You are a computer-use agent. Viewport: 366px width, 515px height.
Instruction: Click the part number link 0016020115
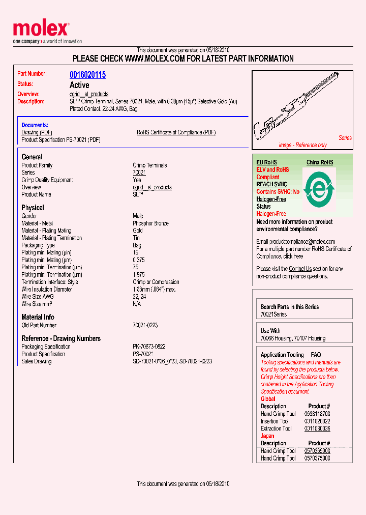click(87, 75)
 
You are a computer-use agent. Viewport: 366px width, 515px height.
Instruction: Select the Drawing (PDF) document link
click(37, 132)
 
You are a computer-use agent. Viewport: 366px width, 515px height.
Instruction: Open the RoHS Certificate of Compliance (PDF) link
click(176, 132)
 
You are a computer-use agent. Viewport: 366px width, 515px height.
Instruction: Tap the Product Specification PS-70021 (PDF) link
click(60, 140)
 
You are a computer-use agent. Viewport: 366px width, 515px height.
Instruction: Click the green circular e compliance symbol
click(319, 188)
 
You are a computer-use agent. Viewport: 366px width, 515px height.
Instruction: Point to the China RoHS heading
click(320, 162)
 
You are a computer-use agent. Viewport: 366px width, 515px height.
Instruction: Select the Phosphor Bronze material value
click(150, 223)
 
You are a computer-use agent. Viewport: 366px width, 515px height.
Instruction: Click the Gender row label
click(29, 216)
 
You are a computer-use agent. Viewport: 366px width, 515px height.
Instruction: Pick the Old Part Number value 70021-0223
click(145, 325)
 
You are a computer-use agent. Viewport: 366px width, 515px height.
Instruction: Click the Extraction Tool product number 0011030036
click(317, 428)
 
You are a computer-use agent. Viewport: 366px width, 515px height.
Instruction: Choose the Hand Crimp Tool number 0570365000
click(317, 451)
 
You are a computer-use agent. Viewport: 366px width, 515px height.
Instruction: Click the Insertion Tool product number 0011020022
click(317, 421)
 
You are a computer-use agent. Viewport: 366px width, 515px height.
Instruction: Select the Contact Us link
click(300, 269)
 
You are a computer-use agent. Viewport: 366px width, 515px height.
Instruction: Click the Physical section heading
click(33, 208)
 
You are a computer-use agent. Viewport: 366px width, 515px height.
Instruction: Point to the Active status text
click(79, 85)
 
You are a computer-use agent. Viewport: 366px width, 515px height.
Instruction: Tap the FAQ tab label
click(316, 355)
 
